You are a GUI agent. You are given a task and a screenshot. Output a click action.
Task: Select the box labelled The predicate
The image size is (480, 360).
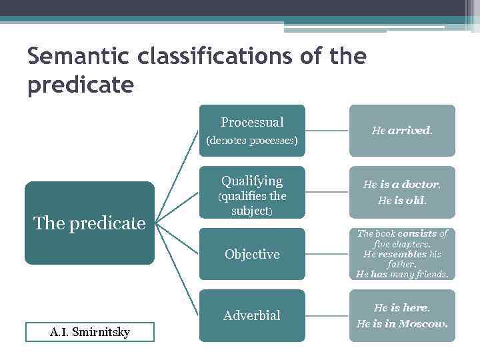[x=89, y=223]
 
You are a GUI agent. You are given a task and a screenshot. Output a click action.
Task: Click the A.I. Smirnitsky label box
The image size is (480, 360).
[x=89, y=332]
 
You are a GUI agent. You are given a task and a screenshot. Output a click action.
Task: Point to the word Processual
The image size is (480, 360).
[x=252, y=122]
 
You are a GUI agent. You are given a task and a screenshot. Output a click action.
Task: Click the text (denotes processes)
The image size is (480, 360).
[x=252, y=141]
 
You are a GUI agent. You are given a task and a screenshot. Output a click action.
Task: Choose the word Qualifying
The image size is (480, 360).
[x=252, y=181]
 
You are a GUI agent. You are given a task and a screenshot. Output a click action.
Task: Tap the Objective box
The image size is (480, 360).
[x=252, y=254]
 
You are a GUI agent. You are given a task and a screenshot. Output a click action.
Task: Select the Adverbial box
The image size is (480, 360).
[x=252, y=315]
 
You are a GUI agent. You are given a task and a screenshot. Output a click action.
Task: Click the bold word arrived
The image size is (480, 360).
[x=409, y=131]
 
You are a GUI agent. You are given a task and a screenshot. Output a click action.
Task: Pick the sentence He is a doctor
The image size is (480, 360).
[x=401, y=185]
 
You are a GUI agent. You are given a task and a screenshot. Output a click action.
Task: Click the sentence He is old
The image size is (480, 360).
[x=401, y=200]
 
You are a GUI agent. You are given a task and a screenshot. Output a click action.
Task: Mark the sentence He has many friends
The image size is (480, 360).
[x=402, y=274]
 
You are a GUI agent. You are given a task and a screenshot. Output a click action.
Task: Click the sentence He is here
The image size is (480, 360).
[x=401, y=308]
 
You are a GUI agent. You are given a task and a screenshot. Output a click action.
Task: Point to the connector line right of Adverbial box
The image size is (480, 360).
[x=327, y=315]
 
